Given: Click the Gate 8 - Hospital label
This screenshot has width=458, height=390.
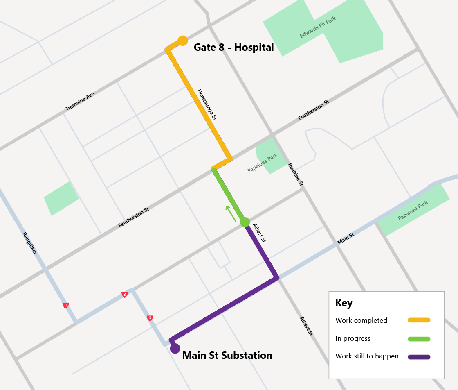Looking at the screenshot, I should (x=233, y=48).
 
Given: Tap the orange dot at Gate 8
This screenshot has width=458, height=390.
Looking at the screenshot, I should (x=183, y=41).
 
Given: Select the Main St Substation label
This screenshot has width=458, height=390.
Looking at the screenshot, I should (x=227, y=355).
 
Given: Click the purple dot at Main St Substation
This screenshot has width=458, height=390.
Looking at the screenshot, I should (x=175, y=349).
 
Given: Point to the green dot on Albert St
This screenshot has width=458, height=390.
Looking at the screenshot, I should (x=245, y=222).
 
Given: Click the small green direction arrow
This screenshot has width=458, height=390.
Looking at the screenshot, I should (x=231, y=213).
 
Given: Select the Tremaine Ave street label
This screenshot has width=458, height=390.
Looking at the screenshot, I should (x=80, y=101).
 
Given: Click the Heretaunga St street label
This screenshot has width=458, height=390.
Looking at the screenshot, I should (x=207, y=104).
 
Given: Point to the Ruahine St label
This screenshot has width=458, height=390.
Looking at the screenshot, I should (x=296, y=175).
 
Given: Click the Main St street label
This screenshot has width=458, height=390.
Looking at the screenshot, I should (x=346, y=238).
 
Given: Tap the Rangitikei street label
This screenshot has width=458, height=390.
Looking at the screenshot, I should (x=30, y=243).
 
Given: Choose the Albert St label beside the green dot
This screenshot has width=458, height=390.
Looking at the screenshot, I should (x=260, y=233).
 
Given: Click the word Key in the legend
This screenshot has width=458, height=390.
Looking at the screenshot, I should (x=344, y=303).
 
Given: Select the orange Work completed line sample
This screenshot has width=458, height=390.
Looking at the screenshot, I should (x=419, y=320).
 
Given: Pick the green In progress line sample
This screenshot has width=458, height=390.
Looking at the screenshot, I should (x=419, y=339).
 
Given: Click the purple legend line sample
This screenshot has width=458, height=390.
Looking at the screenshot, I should (x=419, y=356).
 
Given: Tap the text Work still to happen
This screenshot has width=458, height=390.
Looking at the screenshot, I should (x=367, y=356).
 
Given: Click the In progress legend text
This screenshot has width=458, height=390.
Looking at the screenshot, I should (x=353, y=339).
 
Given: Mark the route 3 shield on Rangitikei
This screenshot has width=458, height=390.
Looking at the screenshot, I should (x=65, y=305).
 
